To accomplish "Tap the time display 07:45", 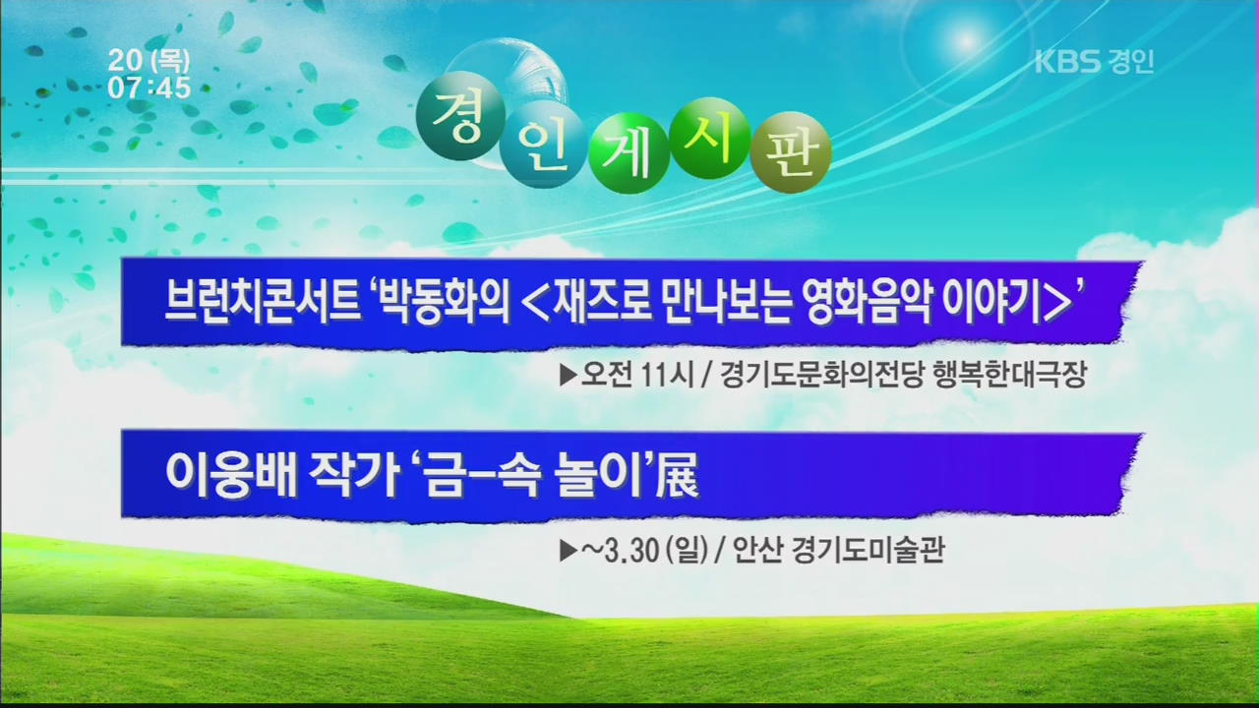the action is (x=150, y=88).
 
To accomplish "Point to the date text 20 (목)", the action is (x=150, y=60).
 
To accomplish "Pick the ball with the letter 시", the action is (x=710, y=139).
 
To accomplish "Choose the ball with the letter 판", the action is (x=791, y=152).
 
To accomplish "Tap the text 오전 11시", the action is (x=637, y=375).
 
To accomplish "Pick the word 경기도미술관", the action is (x=868, y=551).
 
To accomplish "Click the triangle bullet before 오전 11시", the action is (x=569, y=376).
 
